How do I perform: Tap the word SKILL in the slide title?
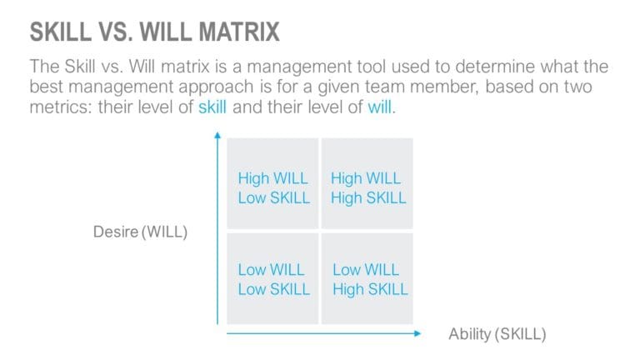click(58, 32)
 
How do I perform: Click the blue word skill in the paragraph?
click(212, 108)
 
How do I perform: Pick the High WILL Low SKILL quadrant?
click(272, 187)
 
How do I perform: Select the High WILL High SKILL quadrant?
click(367, 187)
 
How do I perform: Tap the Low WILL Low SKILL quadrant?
click(272, 278)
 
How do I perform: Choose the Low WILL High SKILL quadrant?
click(367, 278)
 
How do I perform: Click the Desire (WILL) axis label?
click(140, 232)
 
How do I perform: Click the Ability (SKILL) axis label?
click(497, 334)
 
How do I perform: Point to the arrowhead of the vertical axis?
click(217, 134)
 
